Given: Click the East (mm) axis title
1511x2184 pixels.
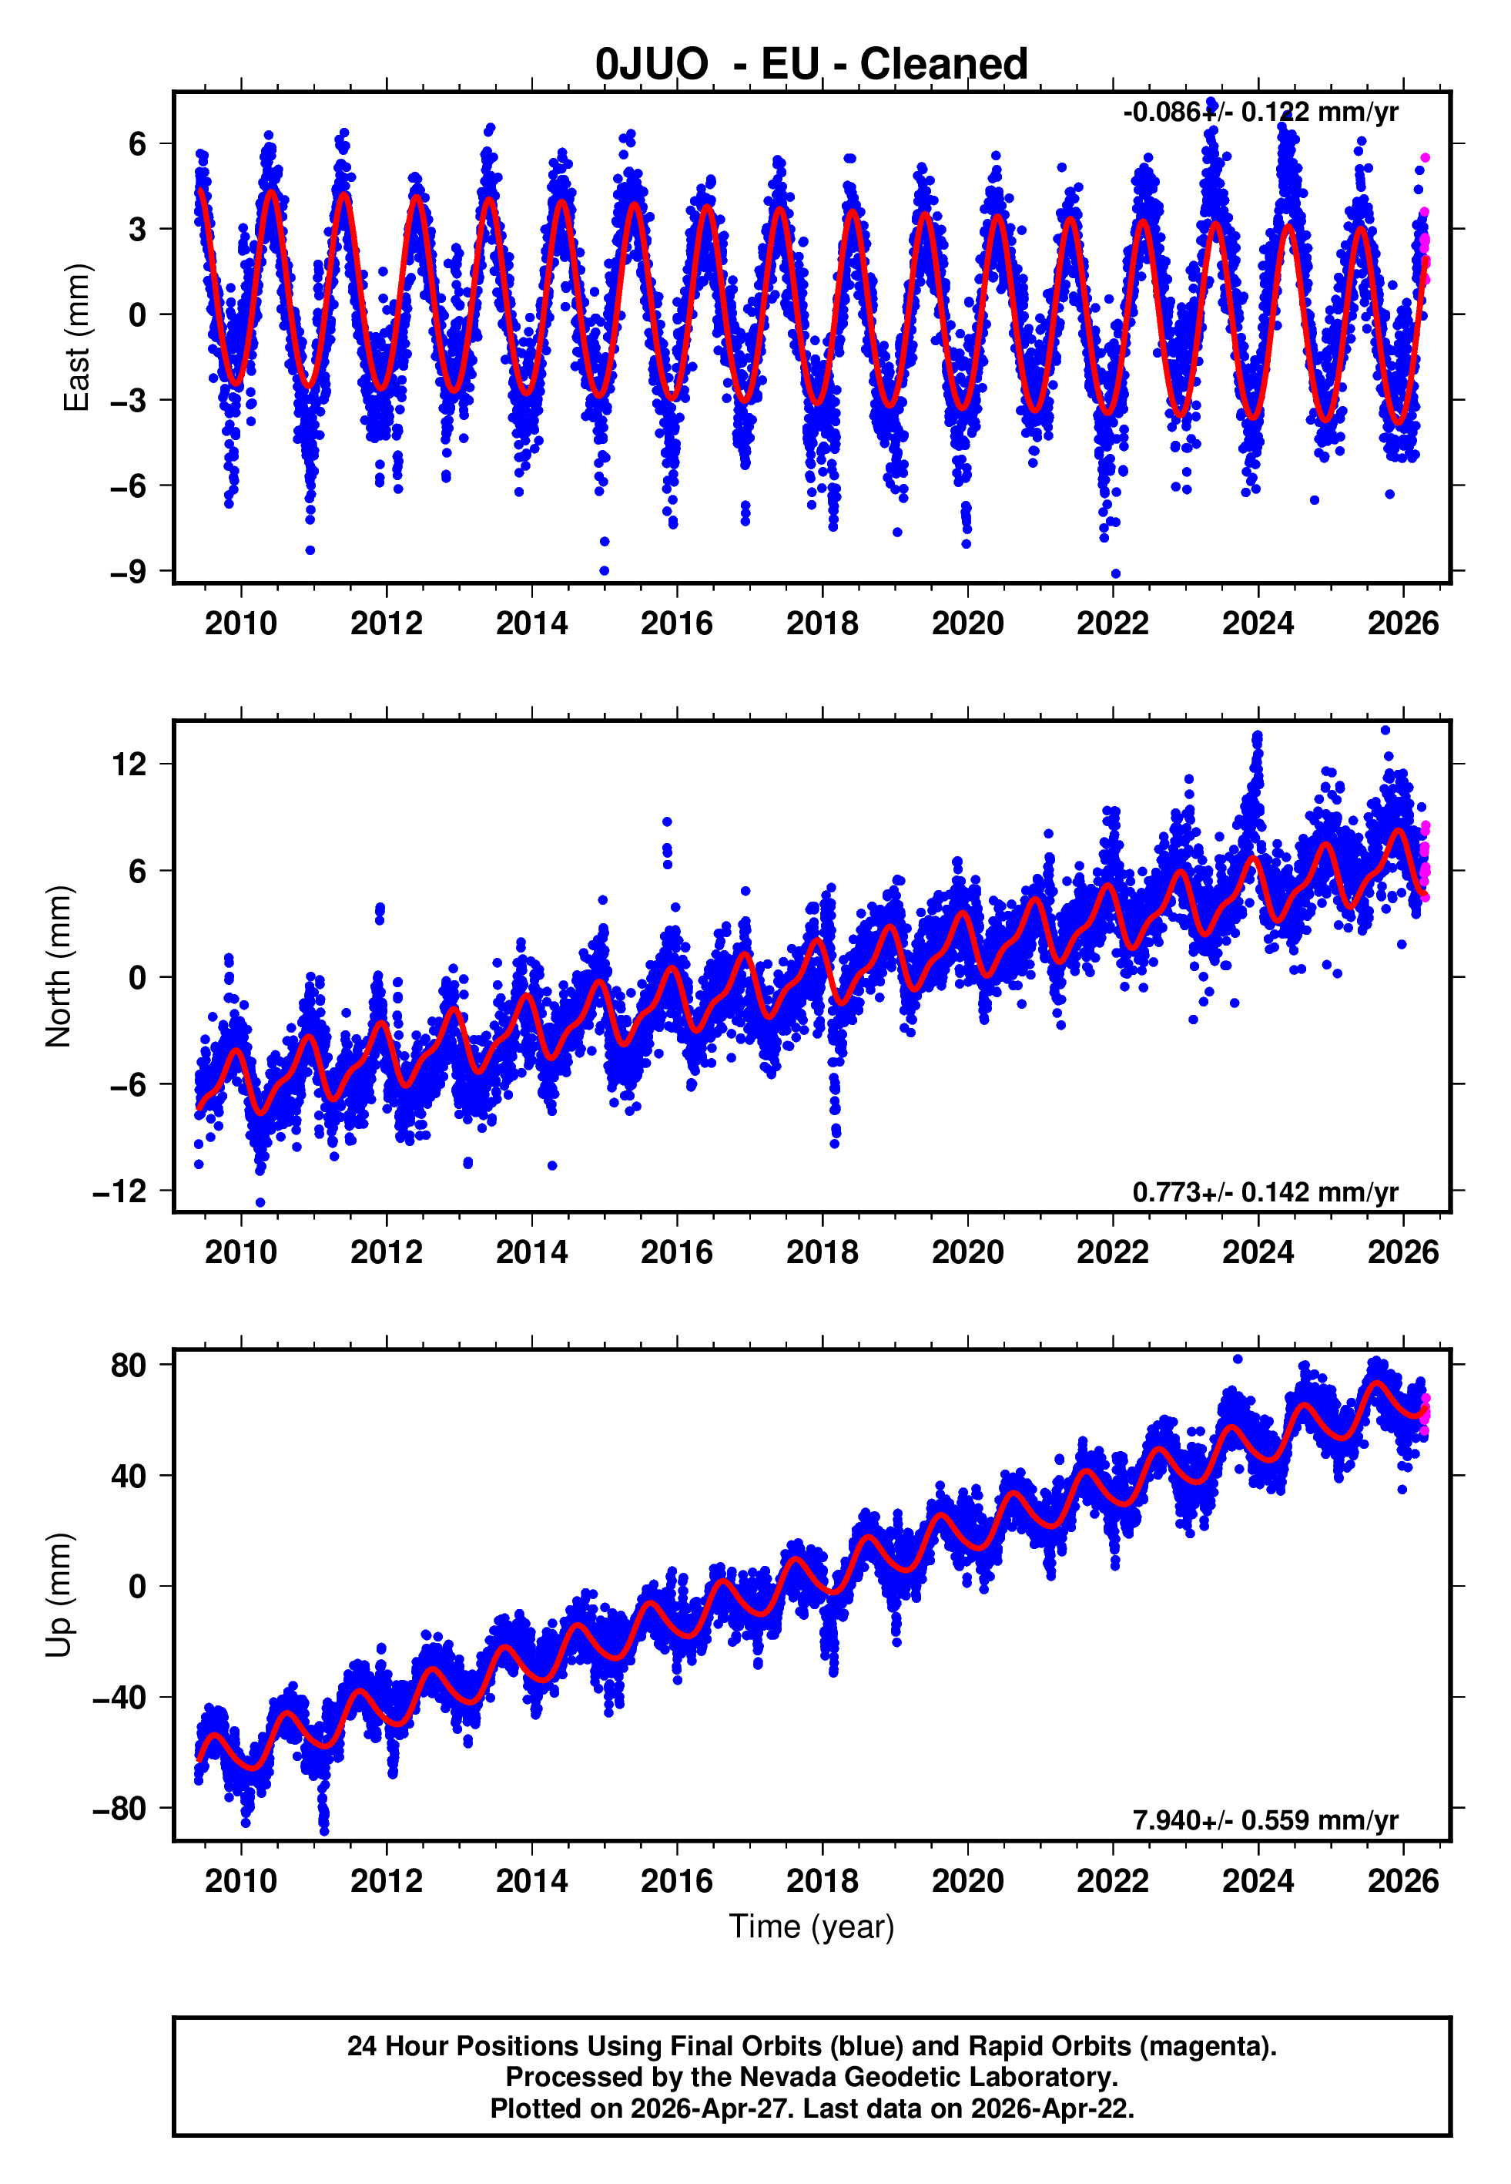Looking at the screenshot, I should (x=75, y=338).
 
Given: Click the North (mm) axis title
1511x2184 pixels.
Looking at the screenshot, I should (x=59, y=966).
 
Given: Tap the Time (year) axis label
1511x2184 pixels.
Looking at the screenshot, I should (x=812, y=1927).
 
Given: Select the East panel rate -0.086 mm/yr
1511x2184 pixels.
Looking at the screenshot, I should (x=1260, y=113).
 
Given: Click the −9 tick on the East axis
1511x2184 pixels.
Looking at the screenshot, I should (x=128, y=572).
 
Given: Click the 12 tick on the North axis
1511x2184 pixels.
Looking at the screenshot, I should (x=129, y=764).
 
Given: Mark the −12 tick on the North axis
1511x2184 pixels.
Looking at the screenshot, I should (x=120, y=1191).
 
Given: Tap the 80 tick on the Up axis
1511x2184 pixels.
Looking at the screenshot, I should (x=129, y=1366).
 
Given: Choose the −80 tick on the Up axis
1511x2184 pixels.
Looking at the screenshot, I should (x=120, y=1809).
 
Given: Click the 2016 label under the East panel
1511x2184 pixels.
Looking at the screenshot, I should (x=677, y=624).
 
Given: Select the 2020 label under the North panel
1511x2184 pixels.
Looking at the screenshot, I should (x=967, y=1253).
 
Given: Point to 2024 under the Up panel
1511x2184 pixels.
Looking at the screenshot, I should (x=1258, y=1881).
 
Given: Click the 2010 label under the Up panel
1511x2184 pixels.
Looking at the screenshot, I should (x=241, y=1881).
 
